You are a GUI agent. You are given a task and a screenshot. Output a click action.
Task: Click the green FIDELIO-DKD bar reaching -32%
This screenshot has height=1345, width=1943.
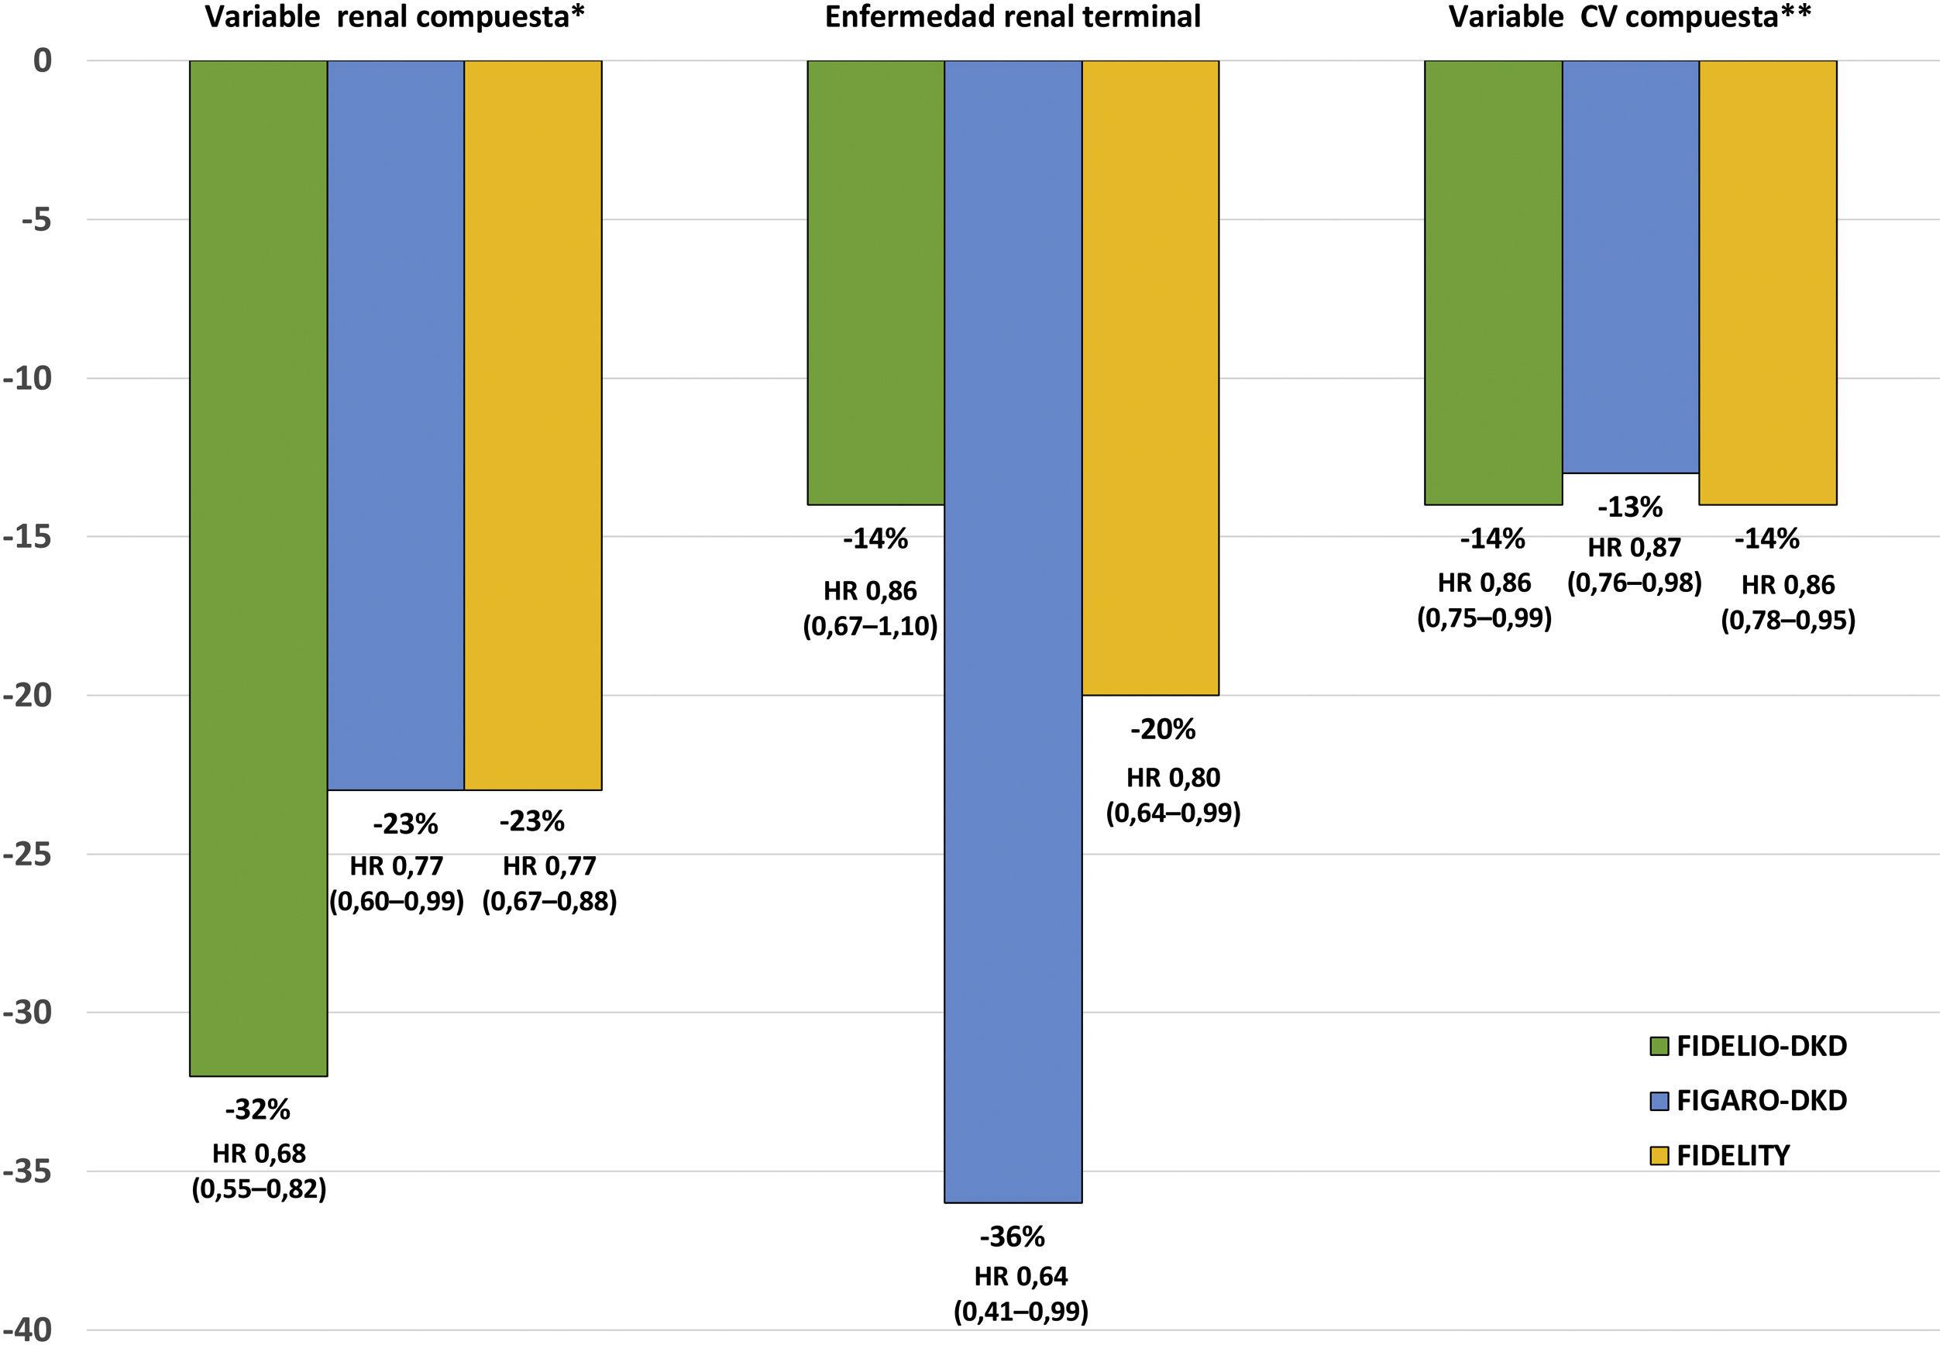point(258,569)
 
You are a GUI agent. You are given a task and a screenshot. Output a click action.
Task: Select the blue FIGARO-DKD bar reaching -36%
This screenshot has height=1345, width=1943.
point(1013,632)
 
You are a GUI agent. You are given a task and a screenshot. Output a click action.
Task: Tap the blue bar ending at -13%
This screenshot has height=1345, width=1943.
point(1631,267)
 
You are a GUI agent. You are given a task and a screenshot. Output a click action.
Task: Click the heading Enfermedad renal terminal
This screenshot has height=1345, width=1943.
point(1012,17)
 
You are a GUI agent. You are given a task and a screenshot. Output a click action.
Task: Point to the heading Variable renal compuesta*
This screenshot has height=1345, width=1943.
point(394,17)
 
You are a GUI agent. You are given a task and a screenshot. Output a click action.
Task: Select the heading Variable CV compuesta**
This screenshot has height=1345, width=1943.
point(1628,17)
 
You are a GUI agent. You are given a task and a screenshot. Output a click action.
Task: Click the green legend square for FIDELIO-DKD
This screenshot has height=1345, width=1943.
point(1659,1047)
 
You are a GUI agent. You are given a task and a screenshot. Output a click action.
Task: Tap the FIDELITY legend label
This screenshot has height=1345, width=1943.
point(1732,1154)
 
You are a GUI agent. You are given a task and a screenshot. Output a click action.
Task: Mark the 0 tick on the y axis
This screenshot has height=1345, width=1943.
point(42,60)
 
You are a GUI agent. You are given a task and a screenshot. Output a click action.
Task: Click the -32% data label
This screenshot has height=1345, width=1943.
point(258,1110)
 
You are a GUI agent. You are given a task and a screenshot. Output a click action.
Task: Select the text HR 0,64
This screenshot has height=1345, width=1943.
point(1021,1277)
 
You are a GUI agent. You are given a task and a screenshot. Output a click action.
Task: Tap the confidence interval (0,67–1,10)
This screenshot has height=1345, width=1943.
point(870,627)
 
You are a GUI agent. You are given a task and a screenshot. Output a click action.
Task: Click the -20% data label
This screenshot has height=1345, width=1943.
point(1163,730)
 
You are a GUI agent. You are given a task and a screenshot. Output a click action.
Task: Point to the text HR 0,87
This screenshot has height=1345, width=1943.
point(1635,548)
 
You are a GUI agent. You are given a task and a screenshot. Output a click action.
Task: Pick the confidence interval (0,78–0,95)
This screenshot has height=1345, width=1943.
point(1788,621)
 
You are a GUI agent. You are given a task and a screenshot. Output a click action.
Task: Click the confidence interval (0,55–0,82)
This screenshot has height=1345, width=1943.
point(259,1189)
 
